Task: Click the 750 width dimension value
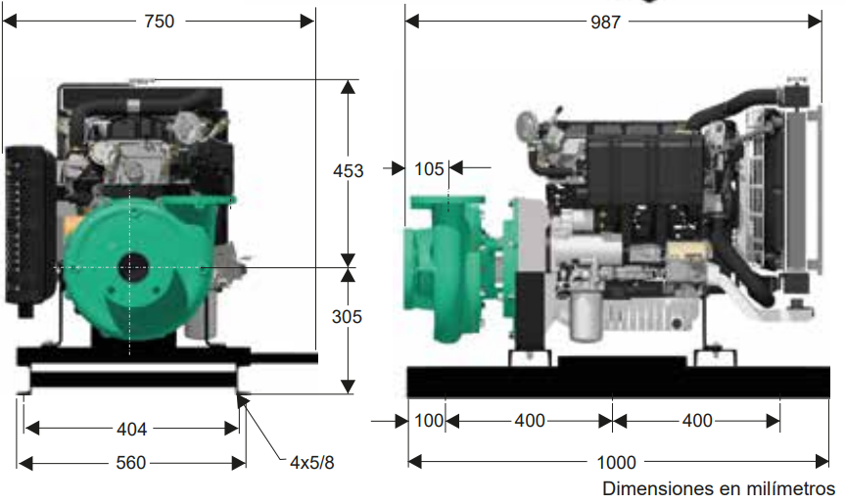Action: point(159,22)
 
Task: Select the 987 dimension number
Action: point(605,23)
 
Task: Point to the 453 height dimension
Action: point(349,170)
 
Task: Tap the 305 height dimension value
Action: point(347,317)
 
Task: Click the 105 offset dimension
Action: point(429,169)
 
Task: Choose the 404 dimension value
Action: point(131,430)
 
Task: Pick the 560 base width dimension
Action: point(131,463)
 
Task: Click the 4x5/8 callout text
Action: point(312,463)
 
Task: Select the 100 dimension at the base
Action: point(429,421)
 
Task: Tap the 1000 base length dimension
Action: point(617,462)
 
